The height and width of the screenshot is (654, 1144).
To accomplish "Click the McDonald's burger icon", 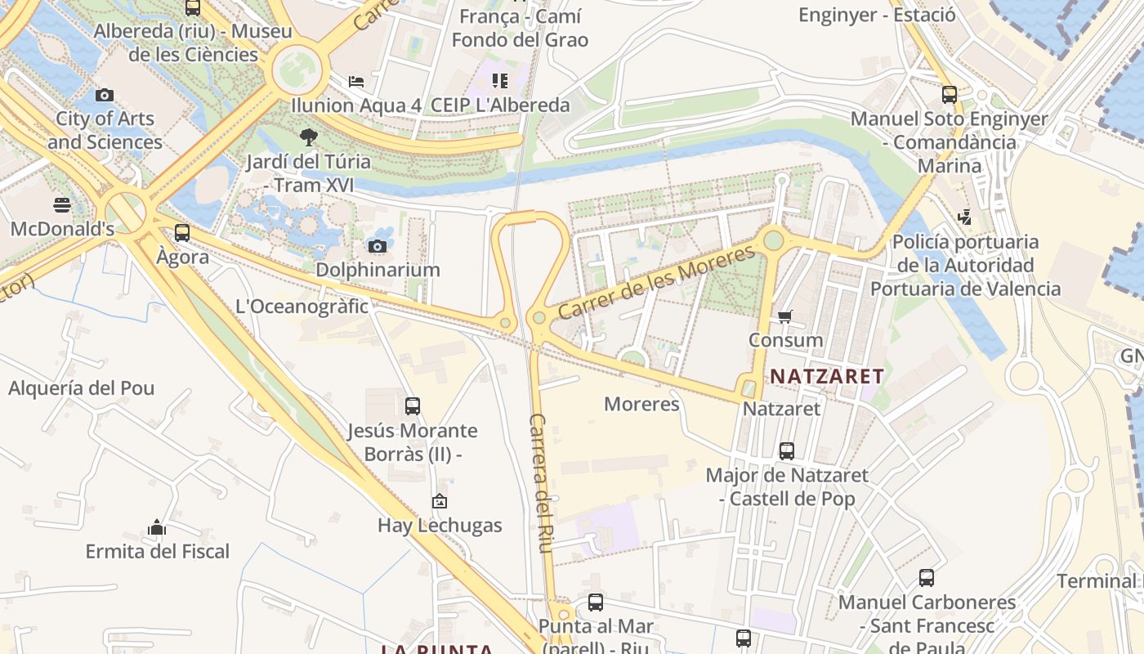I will [x=62, y=204].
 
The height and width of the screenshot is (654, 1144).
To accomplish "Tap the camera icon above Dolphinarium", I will [x=378, y=246].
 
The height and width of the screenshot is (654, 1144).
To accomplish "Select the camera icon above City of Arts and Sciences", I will [x=104, y=95].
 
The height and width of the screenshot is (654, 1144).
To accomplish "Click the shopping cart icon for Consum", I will [x=785, y=316].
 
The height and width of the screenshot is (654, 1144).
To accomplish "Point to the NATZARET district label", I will [x=827, y=376].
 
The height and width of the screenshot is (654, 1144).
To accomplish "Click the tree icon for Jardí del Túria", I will [x=308, y=137].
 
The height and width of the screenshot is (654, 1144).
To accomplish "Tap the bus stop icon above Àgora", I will [x=182, y=233].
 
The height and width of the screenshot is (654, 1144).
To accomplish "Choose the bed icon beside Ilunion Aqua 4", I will [x=356, y=81].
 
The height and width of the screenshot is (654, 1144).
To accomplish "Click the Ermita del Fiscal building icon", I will [x=157, y=527].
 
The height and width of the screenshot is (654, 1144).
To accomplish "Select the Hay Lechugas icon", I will [x=440, y=501].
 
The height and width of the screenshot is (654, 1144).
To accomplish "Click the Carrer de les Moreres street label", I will [x=656, y=283].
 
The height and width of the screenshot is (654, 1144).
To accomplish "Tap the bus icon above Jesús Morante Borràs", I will [x=413, y=405].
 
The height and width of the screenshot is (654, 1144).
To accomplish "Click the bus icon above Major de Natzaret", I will [x=786, y=450].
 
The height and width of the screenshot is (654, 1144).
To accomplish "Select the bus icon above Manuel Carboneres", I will [x=926, y=578].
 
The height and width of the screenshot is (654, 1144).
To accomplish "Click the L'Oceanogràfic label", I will [x=302, y=307].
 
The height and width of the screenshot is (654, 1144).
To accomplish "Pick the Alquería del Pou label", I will [x=81, y=387].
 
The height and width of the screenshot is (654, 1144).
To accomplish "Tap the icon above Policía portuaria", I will [x=965, y=217].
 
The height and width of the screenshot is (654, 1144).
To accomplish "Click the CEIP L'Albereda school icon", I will [x=499, y=81].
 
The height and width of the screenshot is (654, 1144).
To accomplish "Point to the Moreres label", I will [x=641, y=404].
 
